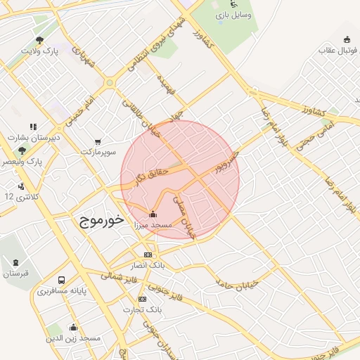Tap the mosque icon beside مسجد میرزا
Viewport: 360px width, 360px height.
coord(153,214)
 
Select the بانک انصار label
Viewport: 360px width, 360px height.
coord(148,265)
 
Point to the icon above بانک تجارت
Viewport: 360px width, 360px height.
coord(143,299)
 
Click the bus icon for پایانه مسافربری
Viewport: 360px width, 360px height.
coord(62,279)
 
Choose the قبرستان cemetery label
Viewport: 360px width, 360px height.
coord(15,273)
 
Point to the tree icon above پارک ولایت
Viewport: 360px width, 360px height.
coord(39,40)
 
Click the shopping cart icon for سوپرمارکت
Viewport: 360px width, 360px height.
coord(97,141)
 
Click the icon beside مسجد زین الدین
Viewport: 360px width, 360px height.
coord(73,327)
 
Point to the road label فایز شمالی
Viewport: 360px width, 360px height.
coord(120,278)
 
